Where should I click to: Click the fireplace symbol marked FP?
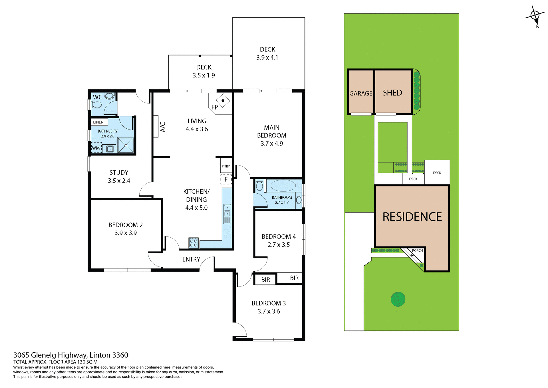(223, 101)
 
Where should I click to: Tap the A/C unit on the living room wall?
(156, 126)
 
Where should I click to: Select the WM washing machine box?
(96, 148)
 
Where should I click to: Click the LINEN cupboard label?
(99, 122)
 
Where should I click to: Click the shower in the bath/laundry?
(126, 145)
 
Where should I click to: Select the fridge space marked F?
(226, 179)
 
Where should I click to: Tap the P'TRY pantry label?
(226, 166)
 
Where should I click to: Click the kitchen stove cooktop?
(194, 243)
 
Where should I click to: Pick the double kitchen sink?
(227, 211)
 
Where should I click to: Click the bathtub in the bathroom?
(283, 186)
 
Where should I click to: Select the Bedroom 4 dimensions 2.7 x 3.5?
(279, 245)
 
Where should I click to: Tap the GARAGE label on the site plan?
(361, 93)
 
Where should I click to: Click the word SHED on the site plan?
(392, 93)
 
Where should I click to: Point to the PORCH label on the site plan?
(417, 250)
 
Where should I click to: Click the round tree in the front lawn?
(398, 299)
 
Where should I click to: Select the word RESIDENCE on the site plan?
(412, 217)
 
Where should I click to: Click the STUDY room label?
(119, 173)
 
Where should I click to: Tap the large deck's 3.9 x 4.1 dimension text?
(267, 57)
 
